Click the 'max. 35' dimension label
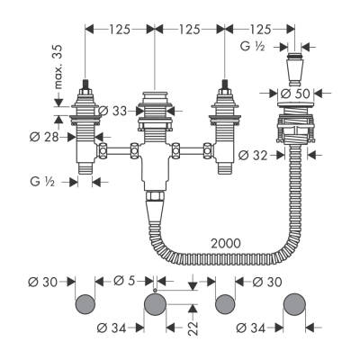coord(58,67)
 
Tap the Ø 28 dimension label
coord(44,138)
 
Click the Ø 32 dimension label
coord(253,155)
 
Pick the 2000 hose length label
coord(226,243)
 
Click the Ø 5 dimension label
coord(125,281)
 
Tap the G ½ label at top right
coord(253,47)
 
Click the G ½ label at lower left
coord(42,182)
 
